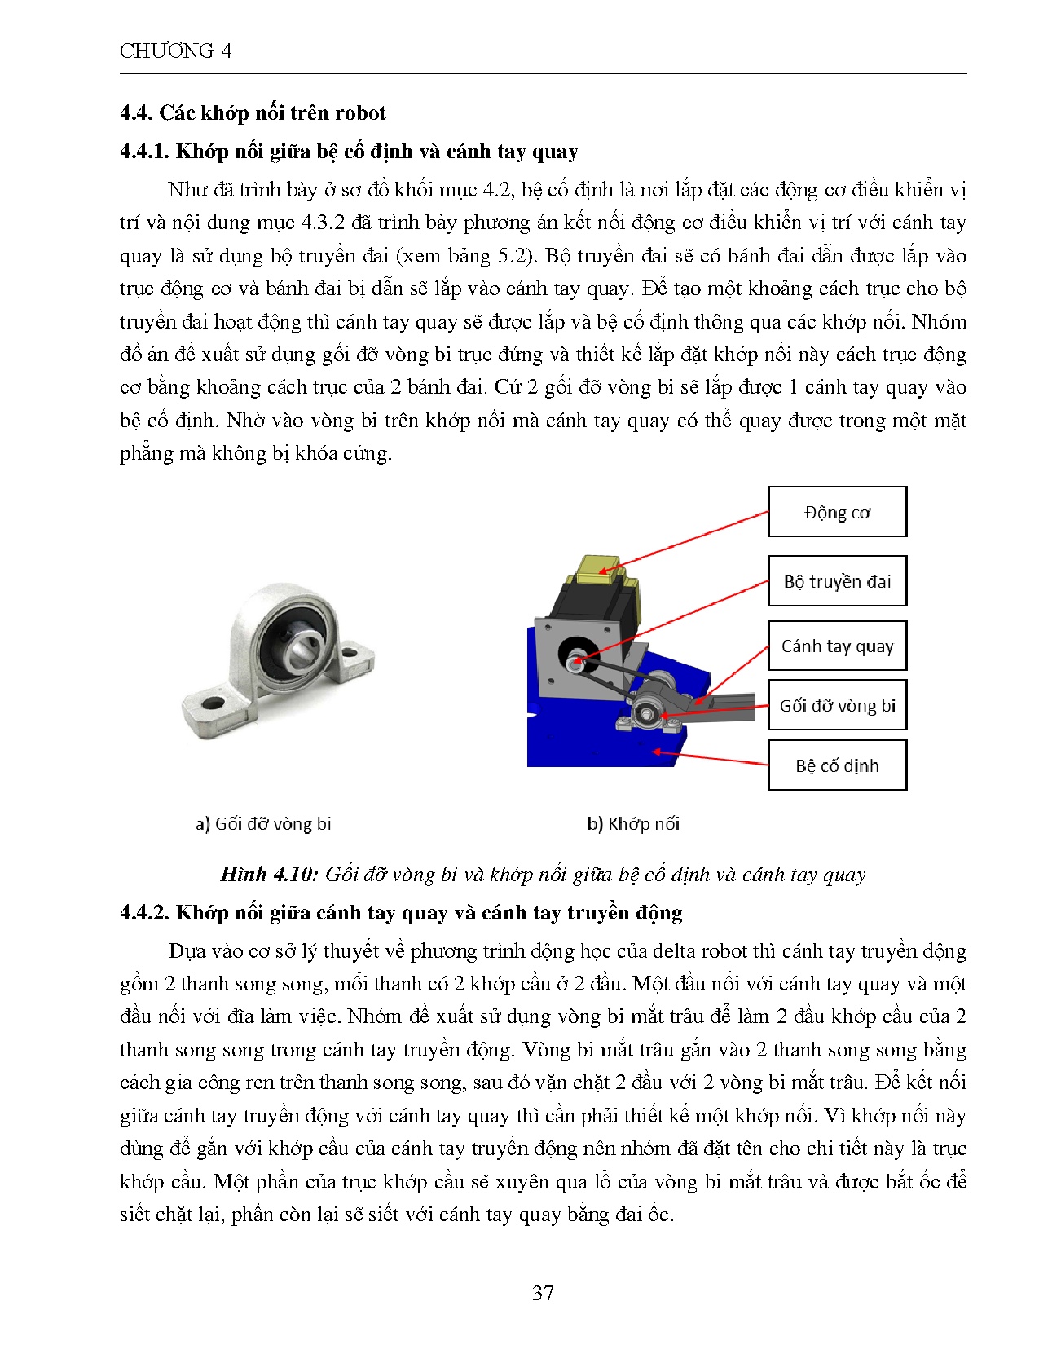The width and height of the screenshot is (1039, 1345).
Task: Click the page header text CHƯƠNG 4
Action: click(175, 51)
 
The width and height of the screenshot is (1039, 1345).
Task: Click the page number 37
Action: click(543, 1293)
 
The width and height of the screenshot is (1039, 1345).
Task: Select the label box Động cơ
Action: click(837, 513)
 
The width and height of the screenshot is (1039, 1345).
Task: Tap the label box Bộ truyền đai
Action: click(837, 581)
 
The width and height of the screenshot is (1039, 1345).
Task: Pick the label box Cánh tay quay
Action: click(837, 646)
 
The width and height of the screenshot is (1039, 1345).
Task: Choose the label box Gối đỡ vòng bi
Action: click(837, 706)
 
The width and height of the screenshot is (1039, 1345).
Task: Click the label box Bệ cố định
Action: click(837, 765)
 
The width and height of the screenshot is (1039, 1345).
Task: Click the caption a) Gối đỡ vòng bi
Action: click(263, 824)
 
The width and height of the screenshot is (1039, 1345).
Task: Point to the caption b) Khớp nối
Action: click(633, 824)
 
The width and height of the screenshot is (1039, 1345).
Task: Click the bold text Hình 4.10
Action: click(268, 875)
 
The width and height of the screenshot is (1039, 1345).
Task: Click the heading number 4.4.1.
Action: click(144, 152)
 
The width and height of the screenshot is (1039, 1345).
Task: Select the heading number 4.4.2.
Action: click(144, 913)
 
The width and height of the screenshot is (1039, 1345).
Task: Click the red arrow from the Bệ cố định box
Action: click(709, 757)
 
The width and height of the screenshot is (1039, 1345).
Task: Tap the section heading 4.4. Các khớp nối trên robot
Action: click(253, 113)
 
